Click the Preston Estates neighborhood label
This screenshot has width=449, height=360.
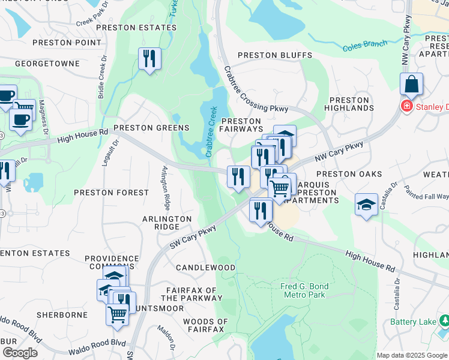(130, 27)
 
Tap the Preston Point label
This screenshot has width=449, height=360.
(67, 43)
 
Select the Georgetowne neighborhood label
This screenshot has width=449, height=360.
(47, 63)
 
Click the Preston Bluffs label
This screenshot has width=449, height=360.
(275, 55)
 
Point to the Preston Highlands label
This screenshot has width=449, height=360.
(349, 104)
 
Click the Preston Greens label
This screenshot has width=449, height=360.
(151, 128)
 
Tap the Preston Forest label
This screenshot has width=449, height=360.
(111, 193)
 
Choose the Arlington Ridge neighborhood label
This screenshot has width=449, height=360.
(167, 223)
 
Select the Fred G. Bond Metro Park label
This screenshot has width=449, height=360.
(303, 290)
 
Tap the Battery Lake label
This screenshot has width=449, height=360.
(412, 322)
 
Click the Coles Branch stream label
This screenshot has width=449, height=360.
(364, 46)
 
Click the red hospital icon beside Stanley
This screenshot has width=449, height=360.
(406, 106)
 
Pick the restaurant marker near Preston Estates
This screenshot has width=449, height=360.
(148, 59)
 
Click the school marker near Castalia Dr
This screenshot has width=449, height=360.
(366, 205)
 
